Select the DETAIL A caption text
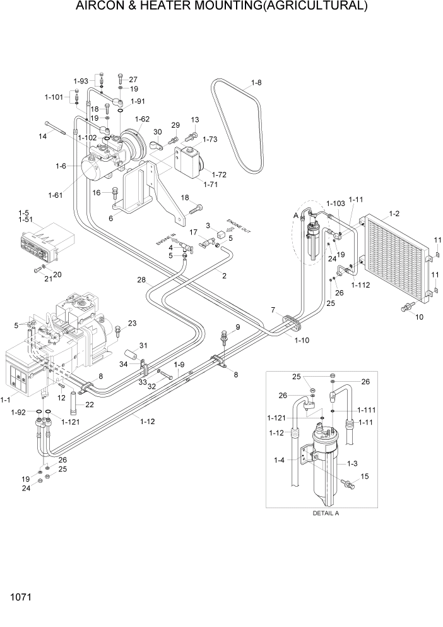[x=326, y=513]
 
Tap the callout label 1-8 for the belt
[x=256, y=83]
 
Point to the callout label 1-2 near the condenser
[x=394, y=214]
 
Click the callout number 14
[x=43, y=136]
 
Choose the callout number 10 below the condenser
[x=420, y=317]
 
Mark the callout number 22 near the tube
[x=90, y=405]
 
